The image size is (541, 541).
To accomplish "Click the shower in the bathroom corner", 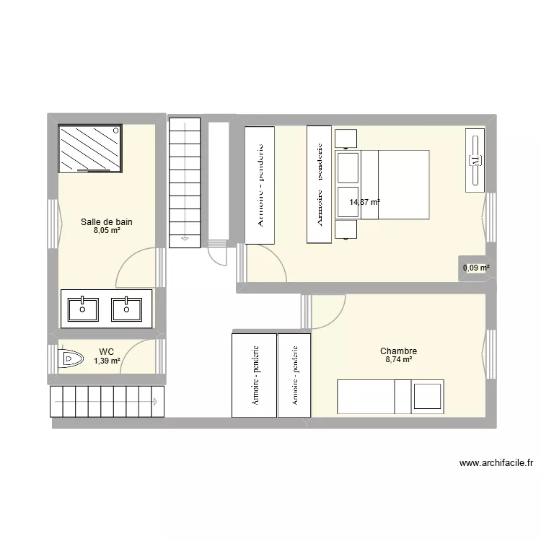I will coord(90,148).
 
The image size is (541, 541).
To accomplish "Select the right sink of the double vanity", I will coord(127,309).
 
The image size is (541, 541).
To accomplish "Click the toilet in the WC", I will coord(70,358).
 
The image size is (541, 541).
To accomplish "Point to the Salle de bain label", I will coord(106,222).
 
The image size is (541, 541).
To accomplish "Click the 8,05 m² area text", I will coord(106,232).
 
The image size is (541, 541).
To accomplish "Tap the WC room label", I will coord(106,351).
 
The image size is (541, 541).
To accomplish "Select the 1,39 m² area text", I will coord(106,361).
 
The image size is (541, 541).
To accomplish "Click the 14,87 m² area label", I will coord(364,203).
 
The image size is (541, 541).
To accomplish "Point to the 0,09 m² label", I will coord(476,268).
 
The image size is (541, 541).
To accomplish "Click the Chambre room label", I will coord(398,351).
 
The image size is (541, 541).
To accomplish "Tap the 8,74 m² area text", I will coord(398,360).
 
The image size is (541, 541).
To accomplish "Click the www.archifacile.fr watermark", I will coord(495,463).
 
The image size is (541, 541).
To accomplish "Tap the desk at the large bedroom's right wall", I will coord(475,162).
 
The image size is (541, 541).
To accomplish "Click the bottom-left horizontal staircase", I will coord(107,402).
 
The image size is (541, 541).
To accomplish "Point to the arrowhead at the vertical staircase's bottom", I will coord(185,238).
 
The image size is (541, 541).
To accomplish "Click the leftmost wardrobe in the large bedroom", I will coord(260,185).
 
